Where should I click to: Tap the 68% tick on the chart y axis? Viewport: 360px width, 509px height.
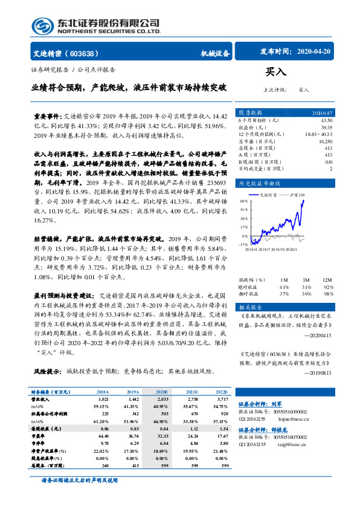coord(243,202)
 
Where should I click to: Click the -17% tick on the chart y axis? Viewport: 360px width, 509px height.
coord(243,244)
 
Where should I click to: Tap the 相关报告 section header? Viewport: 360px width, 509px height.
coord(250,306)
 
